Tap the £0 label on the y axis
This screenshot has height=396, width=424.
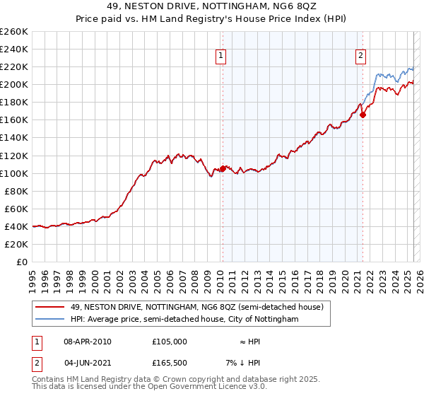tap(21, 262)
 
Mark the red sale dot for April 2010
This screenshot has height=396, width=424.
tap(223, 168)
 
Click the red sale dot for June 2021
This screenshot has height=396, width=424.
tap(363, 115)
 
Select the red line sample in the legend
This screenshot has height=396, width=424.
tap(49, 307)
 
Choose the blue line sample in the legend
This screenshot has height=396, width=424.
tap(49, 320)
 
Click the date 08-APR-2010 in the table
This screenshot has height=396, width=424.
tap(88, 342)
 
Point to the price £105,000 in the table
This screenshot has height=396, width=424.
tap(170, 342)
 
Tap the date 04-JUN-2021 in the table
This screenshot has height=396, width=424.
tap(88, 363)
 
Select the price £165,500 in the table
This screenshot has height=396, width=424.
tap(170, 363)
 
